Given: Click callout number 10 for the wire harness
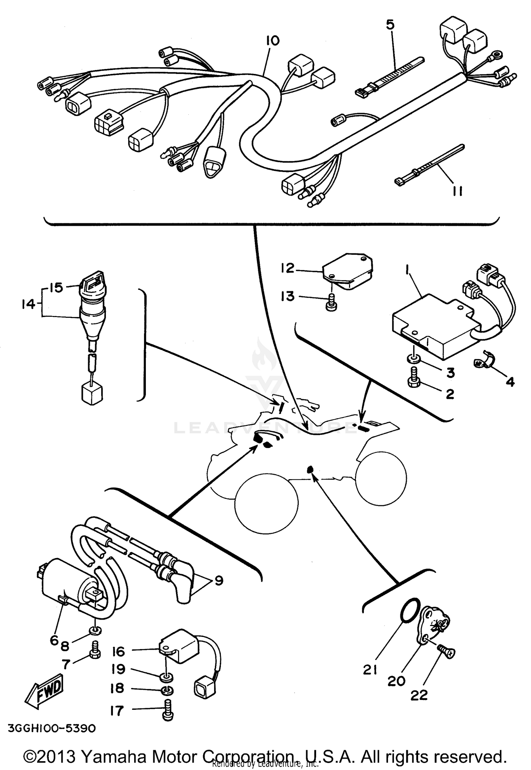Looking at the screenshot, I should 273,41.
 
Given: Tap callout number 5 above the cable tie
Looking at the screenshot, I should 390,25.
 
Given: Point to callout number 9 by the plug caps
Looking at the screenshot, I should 219,581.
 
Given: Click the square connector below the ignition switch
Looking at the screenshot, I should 92,394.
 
